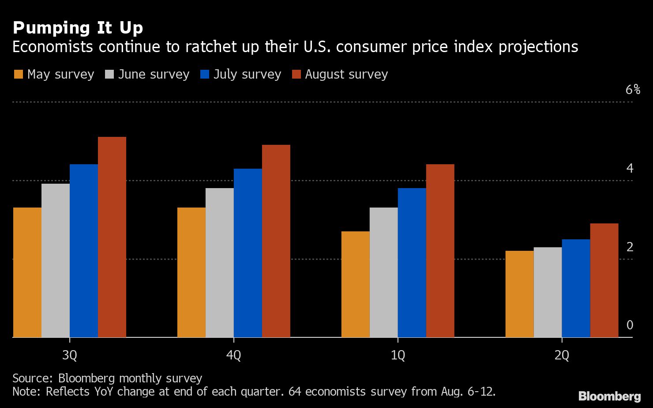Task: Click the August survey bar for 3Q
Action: (112, 237)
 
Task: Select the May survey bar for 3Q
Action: (27, 272)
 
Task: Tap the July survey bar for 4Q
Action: (248, 253)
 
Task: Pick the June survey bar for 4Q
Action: (220, 263)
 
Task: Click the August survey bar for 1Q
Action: (440, 251)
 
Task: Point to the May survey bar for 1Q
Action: (356, 284)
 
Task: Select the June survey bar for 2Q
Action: (548, 292)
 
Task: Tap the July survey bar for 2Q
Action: (576, 288)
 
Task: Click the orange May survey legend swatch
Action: (18, 74)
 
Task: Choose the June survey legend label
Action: (154, 74)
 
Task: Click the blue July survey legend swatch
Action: (204, 74)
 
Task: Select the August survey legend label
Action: (346, 74)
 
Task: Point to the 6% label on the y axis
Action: (633, 90)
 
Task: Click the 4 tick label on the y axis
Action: (630, 168)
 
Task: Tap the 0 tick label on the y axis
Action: (630, 325)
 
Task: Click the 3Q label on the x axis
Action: (70, 355)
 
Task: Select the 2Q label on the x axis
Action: (562, 355)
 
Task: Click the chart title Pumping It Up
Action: (78, 28)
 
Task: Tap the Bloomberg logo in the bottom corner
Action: (609, 396)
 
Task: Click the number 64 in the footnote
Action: (294, 391)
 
